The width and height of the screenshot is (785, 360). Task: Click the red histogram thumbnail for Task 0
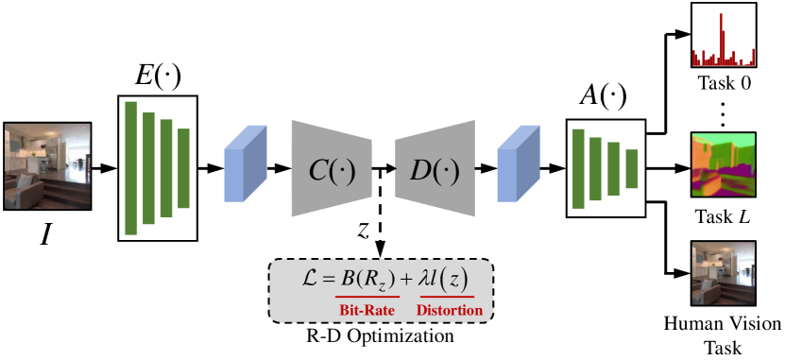pos(724,34)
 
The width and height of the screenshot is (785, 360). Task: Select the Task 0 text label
pos(725,83)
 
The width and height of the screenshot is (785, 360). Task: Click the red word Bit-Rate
pos(368,310)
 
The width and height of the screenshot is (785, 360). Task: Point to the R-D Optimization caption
pos(380,334)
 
